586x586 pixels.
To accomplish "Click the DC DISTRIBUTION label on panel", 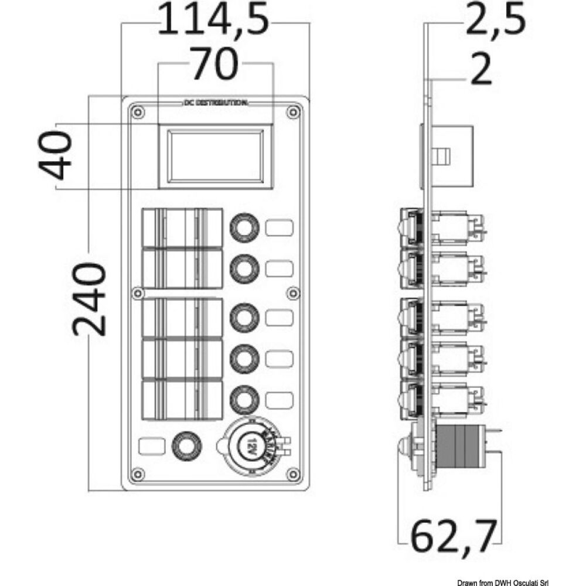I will pyautogui.click(x=214, y=103).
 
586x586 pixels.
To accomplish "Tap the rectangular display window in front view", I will pyautogui.click(x=216, y=156).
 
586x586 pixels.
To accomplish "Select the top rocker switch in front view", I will pyautogui.click(x=182, y=229).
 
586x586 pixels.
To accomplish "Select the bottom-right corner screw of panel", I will pyautogui.click(x=292, y=472).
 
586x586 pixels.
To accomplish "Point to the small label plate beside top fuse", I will pyautogui.click(x=280, y=228).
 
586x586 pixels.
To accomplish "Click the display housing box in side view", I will pyautogui.click(x=452, y=155).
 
